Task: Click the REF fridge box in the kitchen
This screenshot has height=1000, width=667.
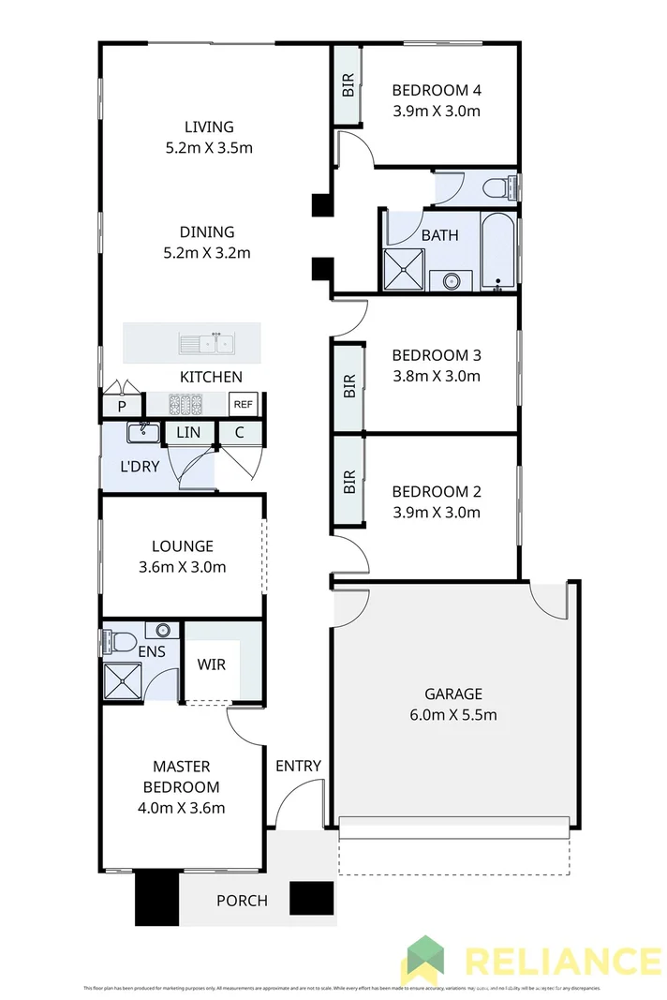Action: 243,405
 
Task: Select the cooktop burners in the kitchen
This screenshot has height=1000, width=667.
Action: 185,405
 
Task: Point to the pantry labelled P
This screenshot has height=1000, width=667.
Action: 122,406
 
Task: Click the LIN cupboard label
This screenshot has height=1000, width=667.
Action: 188,432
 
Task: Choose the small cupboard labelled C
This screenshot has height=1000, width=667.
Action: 240,432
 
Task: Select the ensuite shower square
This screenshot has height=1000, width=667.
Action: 122,681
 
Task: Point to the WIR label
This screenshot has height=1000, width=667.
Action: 212,664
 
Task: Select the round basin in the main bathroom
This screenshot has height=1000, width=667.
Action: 451,279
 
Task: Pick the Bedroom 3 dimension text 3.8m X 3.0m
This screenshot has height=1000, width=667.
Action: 436,377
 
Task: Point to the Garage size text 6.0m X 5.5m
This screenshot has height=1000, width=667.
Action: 453,715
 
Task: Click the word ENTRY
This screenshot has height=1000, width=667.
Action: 298,766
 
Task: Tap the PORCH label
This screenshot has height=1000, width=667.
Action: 242,901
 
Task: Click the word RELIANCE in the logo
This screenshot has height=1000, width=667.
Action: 562,963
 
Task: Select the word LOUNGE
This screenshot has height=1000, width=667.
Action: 183,545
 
